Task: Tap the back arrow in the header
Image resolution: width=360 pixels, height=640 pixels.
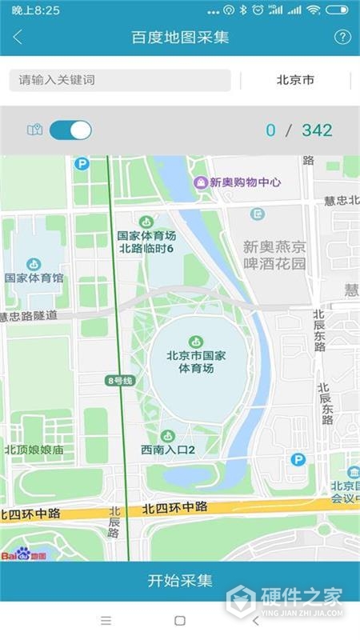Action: pos(18,37)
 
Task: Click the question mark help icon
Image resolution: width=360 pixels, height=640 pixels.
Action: pos(342,37)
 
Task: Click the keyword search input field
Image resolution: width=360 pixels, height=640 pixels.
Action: pos(120,80)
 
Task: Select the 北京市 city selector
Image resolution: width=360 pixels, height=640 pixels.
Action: pos(295,80)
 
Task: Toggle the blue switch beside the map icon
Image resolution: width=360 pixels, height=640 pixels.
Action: pos(70,130)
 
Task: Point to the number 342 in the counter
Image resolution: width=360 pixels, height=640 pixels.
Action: pos(317,130)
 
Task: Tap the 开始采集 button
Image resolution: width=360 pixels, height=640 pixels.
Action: pos(180,581)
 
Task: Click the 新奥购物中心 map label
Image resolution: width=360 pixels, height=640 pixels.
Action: pos(245,182)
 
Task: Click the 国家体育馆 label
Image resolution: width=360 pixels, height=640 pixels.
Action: pos(34,278)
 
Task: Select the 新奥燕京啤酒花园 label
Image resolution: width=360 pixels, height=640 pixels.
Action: pos(274,255)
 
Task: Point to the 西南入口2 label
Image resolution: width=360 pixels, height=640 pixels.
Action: pos(168,450)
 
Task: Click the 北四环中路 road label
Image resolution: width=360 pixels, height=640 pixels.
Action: pos(175,507)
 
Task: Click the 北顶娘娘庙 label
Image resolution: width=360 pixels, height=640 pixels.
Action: pos(34,450)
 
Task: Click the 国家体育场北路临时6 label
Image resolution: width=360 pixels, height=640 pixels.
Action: pos(146,242)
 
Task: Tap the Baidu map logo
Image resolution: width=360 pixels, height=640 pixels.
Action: pos(24,554)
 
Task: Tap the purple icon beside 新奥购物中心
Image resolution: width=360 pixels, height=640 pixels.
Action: pos(201,182)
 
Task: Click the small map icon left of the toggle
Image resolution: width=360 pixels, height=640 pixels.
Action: pos(34,130)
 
